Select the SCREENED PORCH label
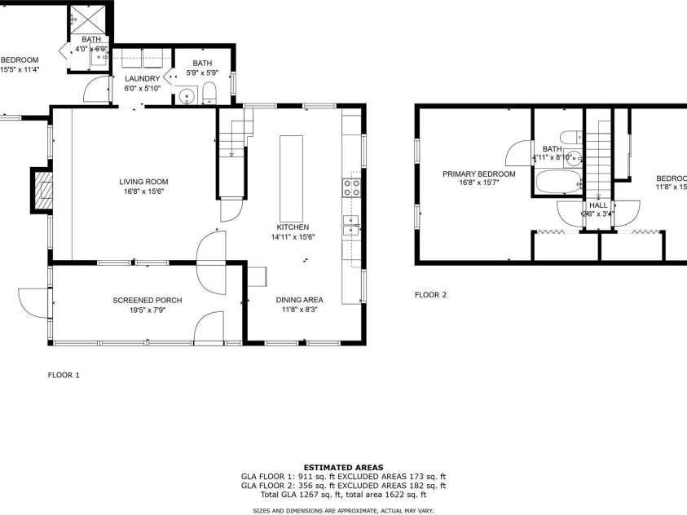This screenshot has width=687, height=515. point(147,301)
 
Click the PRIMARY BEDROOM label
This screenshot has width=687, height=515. point(479,174)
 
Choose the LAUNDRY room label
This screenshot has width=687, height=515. point(142,78)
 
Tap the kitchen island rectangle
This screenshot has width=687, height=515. point(291,169)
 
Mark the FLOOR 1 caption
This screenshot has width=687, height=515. point(64,376)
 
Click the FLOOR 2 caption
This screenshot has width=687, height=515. point(430,295)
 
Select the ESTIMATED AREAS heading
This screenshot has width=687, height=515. point(343,468)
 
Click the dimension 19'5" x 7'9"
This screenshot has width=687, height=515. point(147,310)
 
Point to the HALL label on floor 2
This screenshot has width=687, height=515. point(598,205)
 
